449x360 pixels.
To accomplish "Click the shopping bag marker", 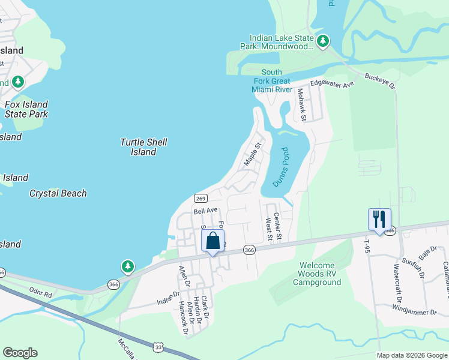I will [212, 242].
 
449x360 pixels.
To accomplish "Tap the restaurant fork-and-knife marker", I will [379, 219].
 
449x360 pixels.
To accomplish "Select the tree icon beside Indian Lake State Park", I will [324, 41].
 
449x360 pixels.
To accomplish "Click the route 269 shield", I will [201, 199].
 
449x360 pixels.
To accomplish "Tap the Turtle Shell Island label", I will [143, 147].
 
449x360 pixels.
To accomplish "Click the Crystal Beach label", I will [58, 193].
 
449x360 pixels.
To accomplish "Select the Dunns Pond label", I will [281, 167].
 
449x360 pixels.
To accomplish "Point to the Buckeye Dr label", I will [381, 82].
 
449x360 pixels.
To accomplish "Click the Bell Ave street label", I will [205, 211].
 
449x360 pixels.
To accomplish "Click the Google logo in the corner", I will [20, 353].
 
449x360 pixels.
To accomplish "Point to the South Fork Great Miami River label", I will [271, 81].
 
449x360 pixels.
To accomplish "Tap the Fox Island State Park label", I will [26, 109].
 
